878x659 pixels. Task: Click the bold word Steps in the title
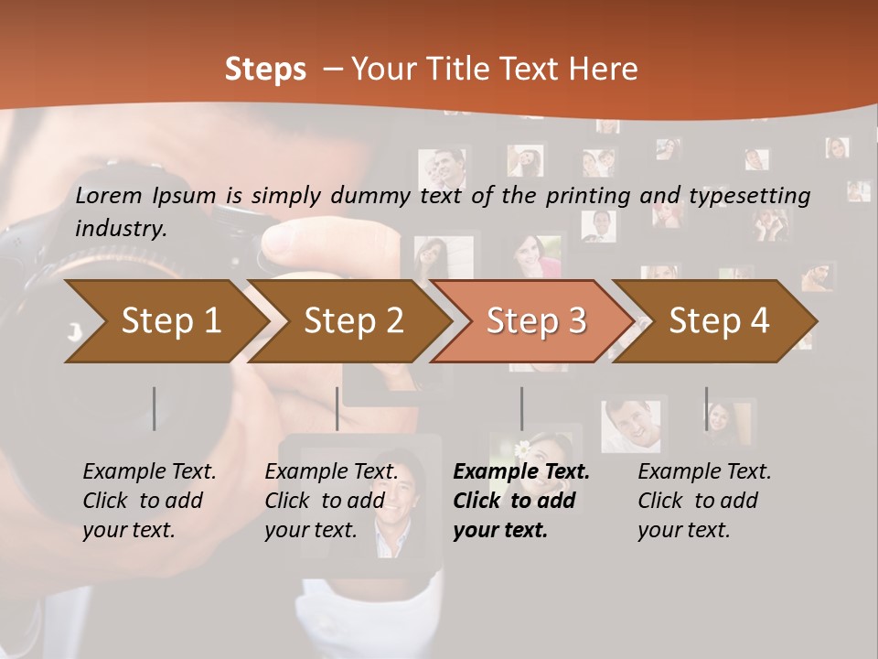265,70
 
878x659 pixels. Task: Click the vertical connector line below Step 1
155,408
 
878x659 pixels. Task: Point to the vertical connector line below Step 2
337,408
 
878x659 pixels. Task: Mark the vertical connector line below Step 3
521,408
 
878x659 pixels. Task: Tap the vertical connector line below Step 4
706,408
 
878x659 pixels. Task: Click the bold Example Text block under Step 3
521,501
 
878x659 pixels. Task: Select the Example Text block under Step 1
150,501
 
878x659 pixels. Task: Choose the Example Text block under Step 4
704,501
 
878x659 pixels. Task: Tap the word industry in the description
121,229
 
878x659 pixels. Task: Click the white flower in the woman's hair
522,449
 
